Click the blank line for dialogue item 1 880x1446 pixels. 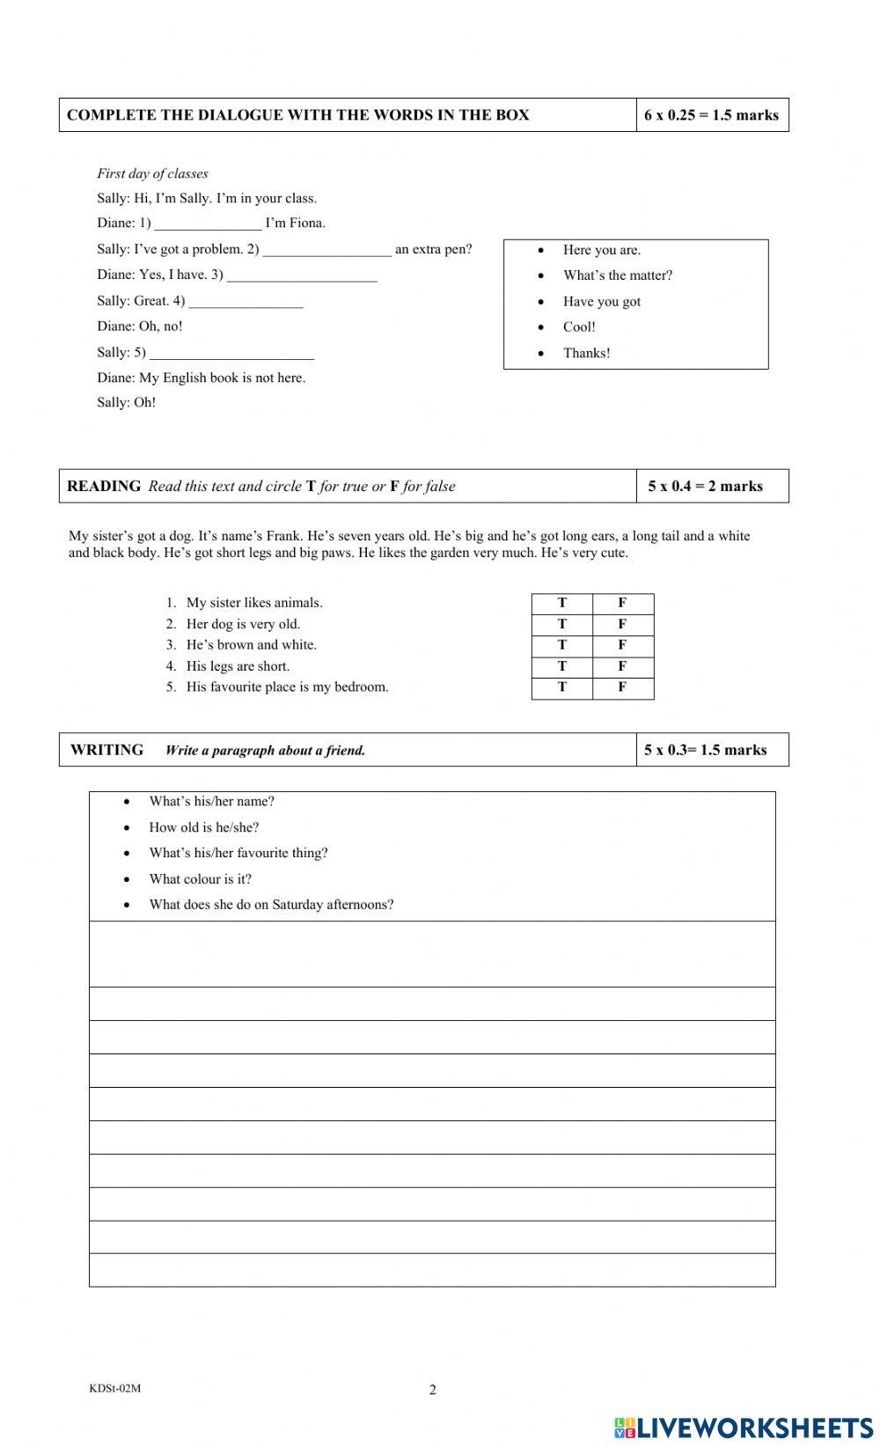click(208, 224)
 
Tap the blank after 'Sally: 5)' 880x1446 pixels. click(231, 354)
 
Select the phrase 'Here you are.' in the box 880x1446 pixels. click(602, 250)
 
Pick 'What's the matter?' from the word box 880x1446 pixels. click(618, 275)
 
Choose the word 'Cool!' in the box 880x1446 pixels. click(579, 327)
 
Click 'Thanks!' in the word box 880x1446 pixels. click(586, 353)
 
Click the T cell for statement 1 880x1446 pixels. click(562, 603)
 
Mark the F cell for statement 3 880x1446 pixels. click(622, 645)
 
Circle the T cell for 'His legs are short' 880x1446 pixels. click(562, 666)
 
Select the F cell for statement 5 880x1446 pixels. click(622, 687)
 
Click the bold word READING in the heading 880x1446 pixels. click(104, 486)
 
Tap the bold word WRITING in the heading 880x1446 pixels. click(107, 750)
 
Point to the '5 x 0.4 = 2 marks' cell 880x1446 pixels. click(706, 486)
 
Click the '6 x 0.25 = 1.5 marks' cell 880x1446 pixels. click(711, 115)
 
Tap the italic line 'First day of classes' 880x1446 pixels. click(152, 173)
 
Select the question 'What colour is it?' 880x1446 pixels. click(200, 878)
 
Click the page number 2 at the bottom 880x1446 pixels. click(432, 1390)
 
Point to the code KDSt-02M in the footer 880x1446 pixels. click(114, 1388)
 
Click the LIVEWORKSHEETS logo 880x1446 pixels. click(744, 1427)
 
